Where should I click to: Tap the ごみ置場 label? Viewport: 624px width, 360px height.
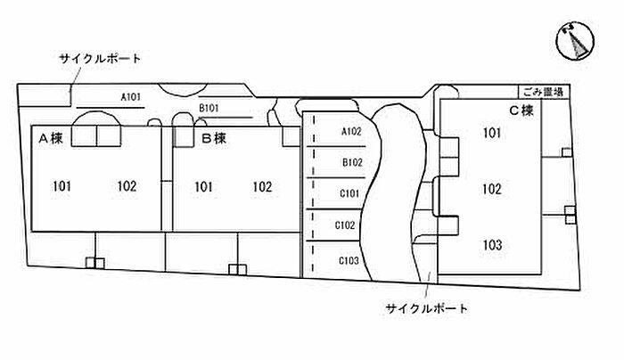pyautogui.click(x=543, y=92)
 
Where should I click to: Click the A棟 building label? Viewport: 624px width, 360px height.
pyautogui.click(x=49, y=138)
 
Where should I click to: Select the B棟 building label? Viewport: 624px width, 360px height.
pyautogui.click(x=214, y=138)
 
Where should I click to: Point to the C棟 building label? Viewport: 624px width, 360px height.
pyautogui.click(x=521, y=110)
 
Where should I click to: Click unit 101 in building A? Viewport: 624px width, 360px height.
pyautogui.click(x=62, y=186)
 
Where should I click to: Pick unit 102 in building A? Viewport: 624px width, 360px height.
pyautogui.click(x=127, y=186)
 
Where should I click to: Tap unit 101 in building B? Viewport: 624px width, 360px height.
pyautogui.click(x=202, y=186)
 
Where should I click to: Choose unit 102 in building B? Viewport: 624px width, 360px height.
pyautogui.click(x=262, y=186)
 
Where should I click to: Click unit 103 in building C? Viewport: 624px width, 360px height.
pyautogui.click(x=492, y=244)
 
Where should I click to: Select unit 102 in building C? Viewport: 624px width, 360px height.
pyautogui.click(x=492, y=189)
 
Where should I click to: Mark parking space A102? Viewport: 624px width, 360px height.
pyautogui.click(x=351, y=132)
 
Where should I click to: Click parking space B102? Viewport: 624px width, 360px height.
pyautogui.click(x=351, y=162)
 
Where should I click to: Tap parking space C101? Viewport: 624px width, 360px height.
pyautogui.click(x=349, y=193)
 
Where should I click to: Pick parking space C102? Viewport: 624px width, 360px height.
pyautogui.click(x=346, y=225)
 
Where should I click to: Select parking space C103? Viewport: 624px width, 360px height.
pyautogui.click(x=349, y=260)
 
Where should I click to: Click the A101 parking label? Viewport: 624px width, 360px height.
pyautogui.click(x=131, y=96)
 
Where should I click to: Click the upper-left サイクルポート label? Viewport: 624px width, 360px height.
pyautogui.click(x=100, y=58)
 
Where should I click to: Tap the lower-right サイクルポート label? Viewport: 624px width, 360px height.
pyautogui.click(x=427, y=308)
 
